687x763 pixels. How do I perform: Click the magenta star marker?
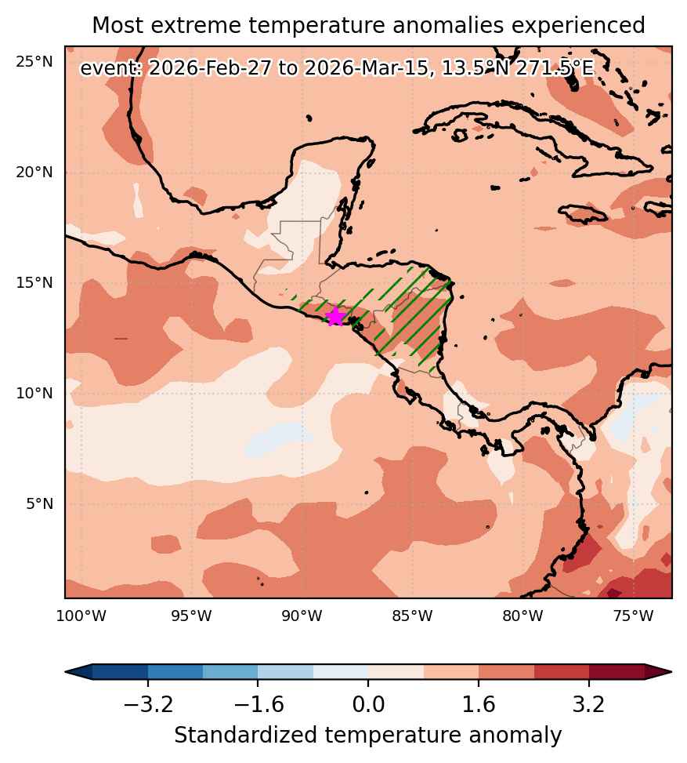[x=335, y=316]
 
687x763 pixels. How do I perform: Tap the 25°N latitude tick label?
[x=34, y=62]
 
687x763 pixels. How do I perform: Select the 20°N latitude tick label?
[x=34, y=173]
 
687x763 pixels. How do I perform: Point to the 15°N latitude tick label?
[x=34, y=283]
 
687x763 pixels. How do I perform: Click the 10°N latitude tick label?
[x=34, y=393]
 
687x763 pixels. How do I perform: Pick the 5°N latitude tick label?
[x=39, y=503]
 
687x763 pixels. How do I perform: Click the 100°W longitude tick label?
[x=81, y=616]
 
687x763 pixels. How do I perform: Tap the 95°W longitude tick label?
[x=192, y=616]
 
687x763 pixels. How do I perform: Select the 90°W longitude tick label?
[x=302, y=616]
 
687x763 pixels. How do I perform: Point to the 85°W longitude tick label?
[x=412, y=616]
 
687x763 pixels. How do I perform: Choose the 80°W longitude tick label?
[x=522, y=616]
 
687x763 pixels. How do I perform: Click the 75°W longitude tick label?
[x=633, y=616]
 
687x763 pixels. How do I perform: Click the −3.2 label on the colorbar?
[x=148, y=704]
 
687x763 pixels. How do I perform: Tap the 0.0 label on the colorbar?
[x=368, y=704]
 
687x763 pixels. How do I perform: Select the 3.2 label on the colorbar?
[x=589, y=704]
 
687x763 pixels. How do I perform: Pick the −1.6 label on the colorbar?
[x=258, y=704]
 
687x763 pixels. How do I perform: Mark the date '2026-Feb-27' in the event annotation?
[x=209, y=68]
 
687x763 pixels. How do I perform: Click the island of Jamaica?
[x=583, y=213]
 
